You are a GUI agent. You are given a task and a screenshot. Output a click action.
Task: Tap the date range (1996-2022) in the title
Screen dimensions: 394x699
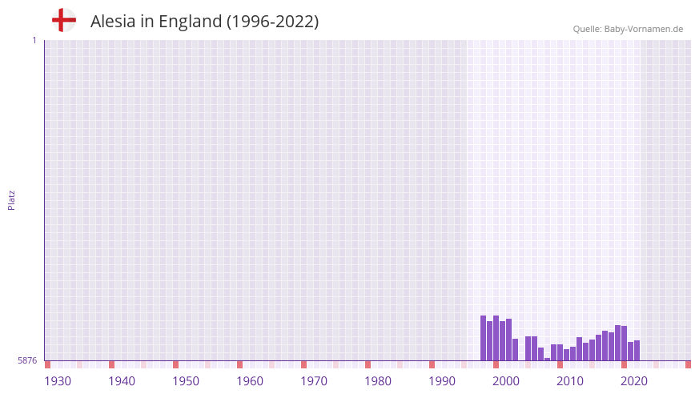point(272,22)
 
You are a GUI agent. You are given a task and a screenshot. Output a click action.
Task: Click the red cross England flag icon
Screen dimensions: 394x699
point(64,20)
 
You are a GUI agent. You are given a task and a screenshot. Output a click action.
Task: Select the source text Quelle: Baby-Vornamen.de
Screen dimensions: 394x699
point(628,29)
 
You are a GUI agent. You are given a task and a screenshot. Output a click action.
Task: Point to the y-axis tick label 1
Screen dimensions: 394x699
point(34,40)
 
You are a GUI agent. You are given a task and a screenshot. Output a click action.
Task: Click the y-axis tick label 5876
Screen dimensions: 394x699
point(27,361)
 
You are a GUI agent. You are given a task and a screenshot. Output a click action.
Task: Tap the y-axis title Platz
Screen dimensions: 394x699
point(11,199)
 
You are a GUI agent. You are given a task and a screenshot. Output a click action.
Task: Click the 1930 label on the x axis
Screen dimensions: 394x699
point(58,381)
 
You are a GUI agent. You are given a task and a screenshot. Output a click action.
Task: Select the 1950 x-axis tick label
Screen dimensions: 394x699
point(186,381)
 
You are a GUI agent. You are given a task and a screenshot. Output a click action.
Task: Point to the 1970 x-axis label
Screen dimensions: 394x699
point(314,381)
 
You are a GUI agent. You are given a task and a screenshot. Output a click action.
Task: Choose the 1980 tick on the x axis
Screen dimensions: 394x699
point(378,381)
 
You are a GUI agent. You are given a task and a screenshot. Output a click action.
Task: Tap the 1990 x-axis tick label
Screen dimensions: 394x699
point(442,381)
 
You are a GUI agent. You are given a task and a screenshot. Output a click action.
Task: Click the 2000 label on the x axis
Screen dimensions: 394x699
point(506,381)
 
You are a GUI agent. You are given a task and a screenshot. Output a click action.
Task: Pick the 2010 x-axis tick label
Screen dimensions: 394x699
point(570,381)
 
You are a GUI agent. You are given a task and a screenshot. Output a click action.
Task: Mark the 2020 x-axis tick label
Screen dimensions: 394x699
point(634,381)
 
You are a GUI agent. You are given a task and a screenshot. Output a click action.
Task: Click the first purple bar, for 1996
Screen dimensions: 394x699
point(484,338)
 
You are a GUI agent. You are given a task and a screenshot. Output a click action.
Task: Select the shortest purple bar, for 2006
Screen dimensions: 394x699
point(548,359)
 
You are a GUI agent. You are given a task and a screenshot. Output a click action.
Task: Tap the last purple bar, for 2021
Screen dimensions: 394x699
point(637,351)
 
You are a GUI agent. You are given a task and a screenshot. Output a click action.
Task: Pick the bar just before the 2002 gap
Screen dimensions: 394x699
point(516,350)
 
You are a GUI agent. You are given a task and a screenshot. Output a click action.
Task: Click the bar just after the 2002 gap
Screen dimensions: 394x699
point(528,348)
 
